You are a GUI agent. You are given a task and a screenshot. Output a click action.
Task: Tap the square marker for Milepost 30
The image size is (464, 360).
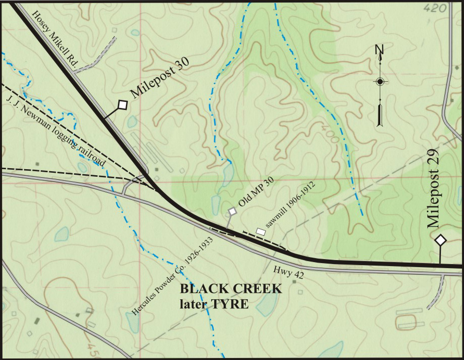coord(122,104)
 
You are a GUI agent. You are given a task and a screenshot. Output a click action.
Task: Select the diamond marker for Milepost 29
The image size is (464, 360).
coord(440,241)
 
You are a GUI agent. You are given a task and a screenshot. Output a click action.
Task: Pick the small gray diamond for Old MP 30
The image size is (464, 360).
coord(232,211)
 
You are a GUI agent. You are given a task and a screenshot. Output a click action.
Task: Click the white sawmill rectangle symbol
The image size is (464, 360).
coord(261,231)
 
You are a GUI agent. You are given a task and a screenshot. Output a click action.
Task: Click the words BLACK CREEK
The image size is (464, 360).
coord(231,290)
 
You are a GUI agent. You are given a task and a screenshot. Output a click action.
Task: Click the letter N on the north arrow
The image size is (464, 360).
coord(380,50)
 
